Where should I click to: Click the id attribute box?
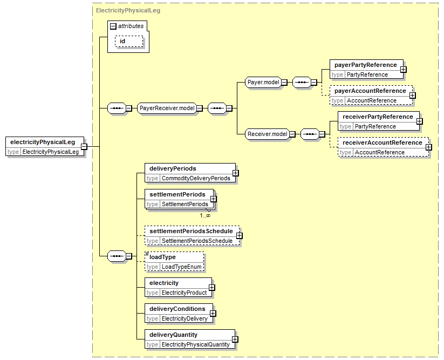(x=129, y=42)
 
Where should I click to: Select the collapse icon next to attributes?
(x=113, y=26)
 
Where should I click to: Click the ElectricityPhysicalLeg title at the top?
(x=128, y=10)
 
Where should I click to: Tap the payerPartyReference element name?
(x=366, y=65)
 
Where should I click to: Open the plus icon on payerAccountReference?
(x=413, y=96)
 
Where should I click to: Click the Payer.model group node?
(x=263, y=83)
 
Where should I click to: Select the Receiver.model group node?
(x=267, y=134)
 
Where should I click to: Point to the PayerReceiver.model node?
(x=167, y=108)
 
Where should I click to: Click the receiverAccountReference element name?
(x=382, y=142)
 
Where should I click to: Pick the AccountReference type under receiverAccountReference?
(x=380, y=153)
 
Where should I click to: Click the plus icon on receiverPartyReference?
(x=420, y=121)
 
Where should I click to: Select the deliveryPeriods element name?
(x=173, y=168)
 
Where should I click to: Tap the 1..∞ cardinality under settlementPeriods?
(x=205, y=216)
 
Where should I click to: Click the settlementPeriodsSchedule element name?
(x=191, y=231)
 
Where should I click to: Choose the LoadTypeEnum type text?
(x=181, y=267)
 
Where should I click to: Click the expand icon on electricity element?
(x=212, y=288)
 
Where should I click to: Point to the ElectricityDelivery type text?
(x=185, y=318)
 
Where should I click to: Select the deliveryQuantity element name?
(x=173, y=335)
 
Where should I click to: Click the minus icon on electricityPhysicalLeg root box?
(x=84, y=147)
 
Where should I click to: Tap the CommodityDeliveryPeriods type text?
(x=196, y=179)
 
